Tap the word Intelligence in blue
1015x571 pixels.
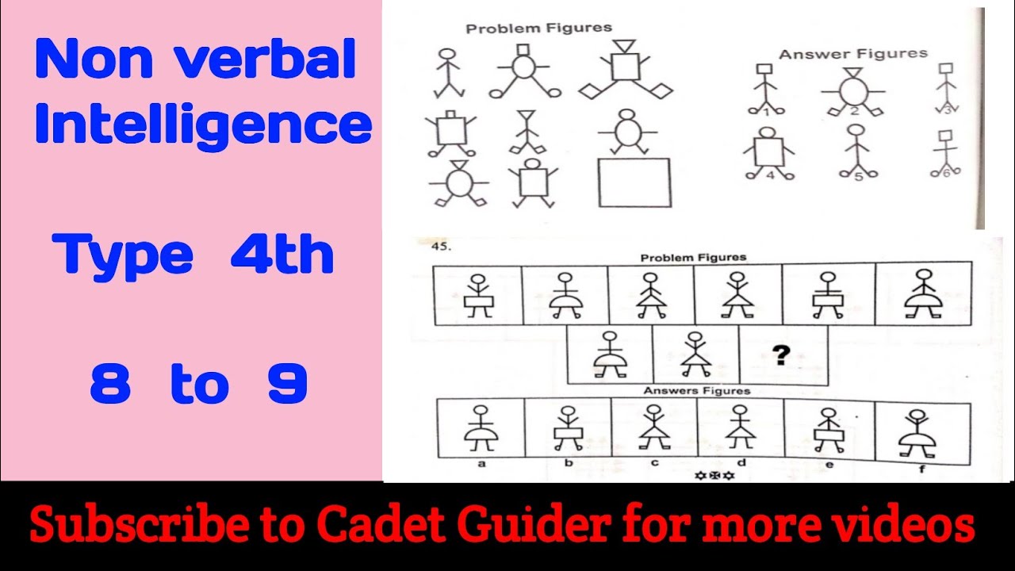click(x=203, y=125)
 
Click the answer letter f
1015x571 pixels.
click(x=921, y=469)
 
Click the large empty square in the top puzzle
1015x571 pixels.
click(x=634, y=182)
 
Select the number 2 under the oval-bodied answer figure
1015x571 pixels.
click(x=855, y=111)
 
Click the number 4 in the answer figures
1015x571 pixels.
click(x=769, y=175)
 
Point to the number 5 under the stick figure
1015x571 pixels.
click(x=857, y=176)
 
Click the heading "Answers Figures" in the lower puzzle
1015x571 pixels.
click(x=696, y=391)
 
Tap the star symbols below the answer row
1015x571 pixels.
click(x=714, y=476)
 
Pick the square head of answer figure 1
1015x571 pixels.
click(x=766, y=71)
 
